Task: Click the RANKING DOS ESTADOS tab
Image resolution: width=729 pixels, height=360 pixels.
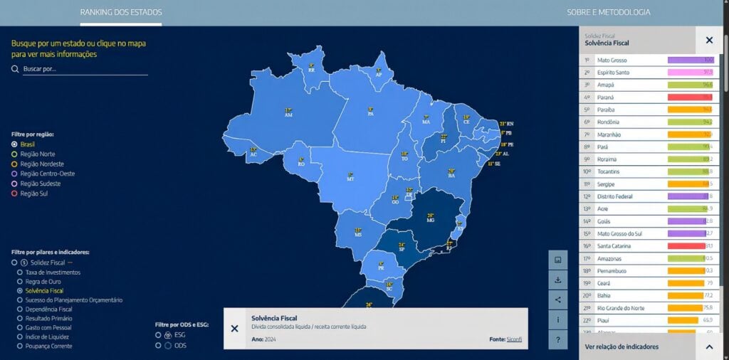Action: point(121,12)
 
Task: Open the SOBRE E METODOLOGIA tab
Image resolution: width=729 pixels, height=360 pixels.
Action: point(608,12)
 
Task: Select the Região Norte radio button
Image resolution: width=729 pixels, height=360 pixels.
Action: point(15,154)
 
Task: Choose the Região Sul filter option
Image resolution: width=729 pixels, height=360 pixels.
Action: point(15,194)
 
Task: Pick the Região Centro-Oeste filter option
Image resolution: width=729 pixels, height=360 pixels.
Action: point(15,174)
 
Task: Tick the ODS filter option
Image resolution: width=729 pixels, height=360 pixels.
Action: point(158,346)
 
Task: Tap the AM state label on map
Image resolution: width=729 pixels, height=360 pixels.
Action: point(288,112)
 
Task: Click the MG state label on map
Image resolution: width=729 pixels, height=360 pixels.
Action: point(430,218)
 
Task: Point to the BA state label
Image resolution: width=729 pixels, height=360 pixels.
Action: point(451,173)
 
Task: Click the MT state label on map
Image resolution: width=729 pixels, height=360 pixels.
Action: point(350,177)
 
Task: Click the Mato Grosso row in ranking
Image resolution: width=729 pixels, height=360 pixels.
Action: point(612,60)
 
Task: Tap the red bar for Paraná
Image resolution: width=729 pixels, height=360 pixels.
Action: point(690,97)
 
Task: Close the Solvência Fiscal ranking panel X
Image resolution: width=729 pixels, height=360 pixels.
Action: point(708,41)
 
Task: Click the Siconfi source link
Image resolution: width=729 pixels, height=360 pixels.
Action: point(513,339)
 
